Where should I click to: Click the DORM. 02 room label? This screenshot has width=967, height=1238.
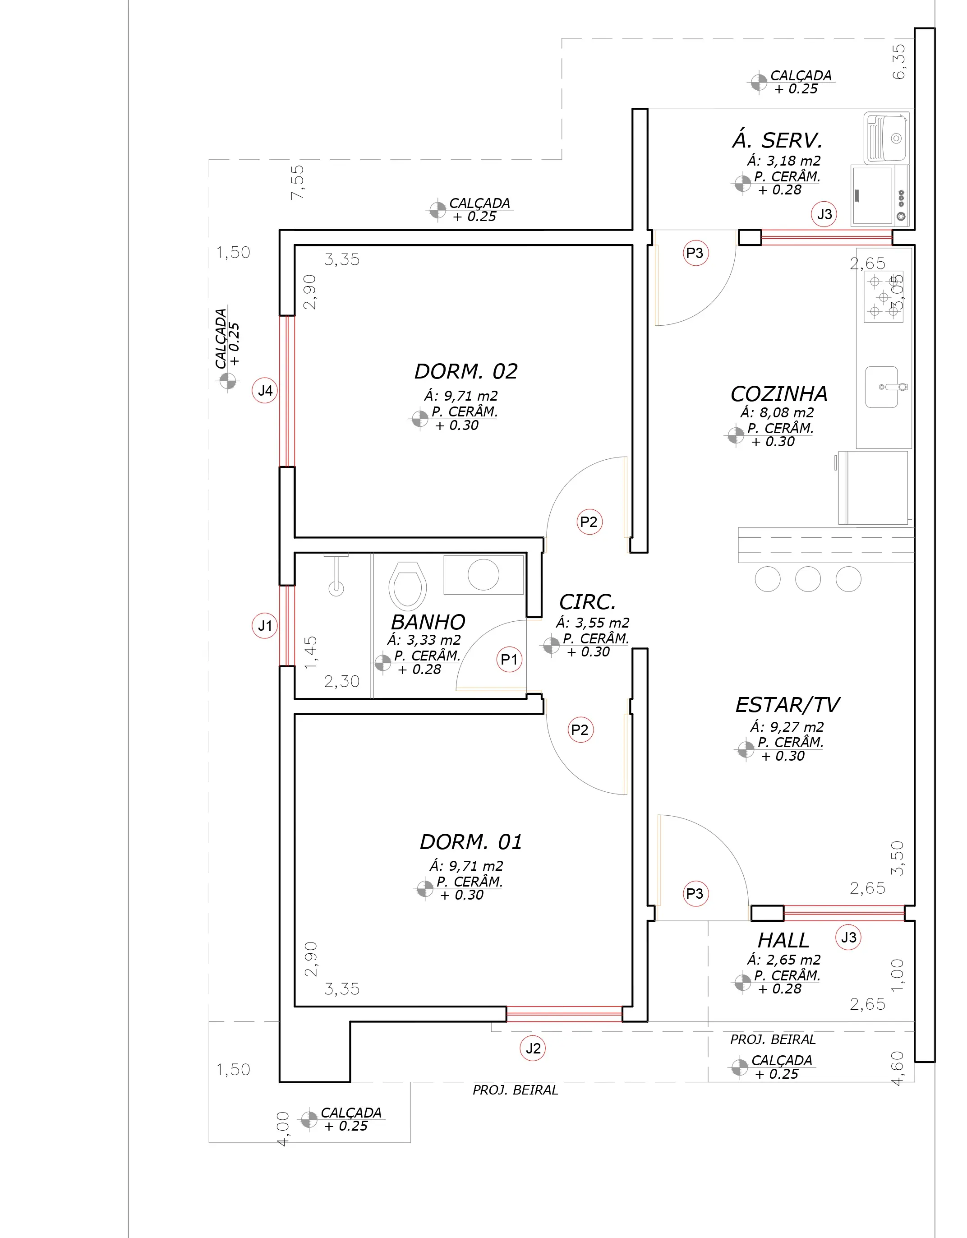[466, 372]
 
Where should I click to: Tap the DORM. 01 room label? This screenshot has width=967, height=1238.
[470, 842]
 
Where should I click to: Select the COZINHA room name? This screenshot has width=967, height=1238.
[779, 394]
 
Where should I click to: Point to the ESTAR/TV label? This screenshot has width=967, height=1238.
[787, 705]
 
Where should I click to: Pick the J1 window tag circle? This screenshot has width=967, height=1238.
[265, 626]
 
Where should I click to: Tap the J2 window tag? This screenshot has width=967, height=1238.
[533, 1049]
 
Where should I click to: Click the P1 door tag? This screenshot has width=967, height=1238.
[509, 659]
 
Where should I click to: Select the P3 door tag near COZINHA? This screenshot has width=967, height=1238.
[695, 253]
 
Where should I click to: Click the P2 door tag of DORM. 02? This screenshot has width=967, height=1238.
[589, 522]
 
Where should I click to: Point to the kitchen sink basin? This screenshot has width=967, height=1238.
[882, 387]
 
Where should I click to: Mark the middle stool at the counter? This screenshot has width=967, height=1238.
[808, 579]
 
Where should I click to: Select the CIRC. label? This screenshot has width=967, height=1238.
[587, 602]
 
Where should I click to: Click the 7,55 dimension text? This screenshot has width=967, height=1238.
[298, 182]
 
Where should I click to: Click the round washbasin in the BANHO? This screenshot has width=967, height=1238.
[483, 574]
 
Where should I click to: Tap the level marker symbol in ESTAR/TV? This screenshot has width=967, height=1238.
[746, 749]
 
